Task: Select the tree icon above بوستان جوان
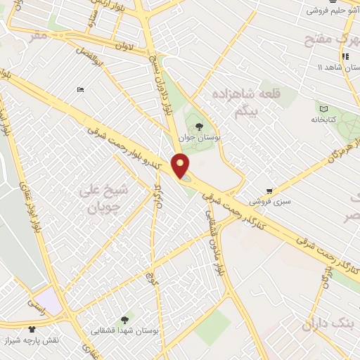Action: click(202, 126)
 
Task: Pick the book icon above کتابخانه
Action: click(323, 108)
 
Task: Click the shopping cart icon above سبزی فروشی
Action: click(270, 191)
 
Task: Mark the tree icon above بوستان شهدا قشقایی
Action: click(124, 318)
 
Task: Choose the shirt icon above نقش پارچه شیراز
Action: click(32, 328)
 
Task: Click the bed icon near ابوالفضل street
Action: click(80, 90)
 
